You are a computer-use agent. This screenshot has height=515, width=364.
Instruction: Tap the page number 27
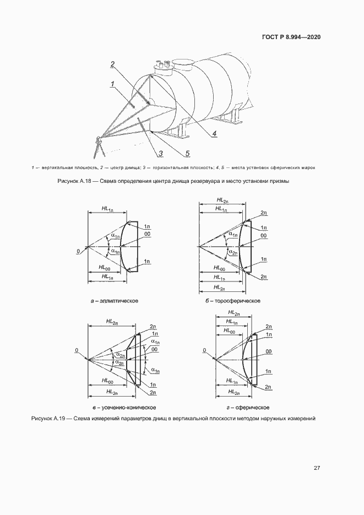tap(317, 468)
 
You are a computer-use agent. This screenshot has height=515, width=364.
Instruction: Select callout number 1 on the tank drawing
tap(112, 84)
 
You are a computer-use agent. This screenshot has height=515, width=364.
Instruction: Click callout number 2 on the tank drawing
tap(112, 64)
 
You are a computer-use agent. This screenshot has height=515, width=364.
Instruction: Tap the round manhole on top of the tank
tap(181, 62)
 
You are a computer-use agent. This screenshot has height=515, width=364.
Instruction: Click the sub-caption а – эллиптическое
tap(115, 301)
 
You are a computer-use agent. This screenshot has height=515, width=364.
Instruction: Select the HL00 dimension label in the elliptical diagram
tap(105, 267)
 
